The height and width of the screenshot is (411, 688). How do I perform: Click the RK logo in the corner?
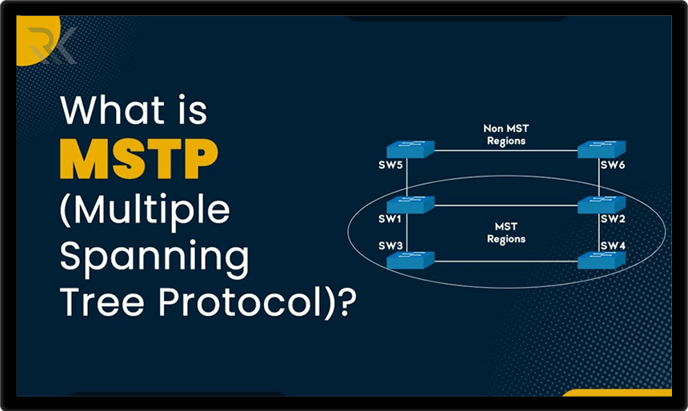[x=50, y=45]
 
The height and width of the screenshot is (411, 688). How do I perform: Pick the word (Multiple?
[x=145, y=209]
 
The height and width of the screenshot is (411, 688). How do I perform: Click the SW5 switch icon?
[x=410, y=150]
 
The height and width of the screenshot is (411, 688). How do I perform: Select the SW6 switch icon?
[x=602, y=150]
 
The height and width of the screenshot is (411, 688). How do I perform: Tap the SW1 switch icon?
[x=410, y=205]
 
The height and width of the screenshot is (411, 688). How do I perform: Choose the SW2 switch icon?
[x=602, y=205]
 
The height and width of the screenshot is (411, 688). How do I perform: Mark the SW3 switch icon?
[x=410, y=260]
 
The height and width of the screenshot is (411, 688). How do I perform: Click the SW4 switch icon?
[x=602, y=260]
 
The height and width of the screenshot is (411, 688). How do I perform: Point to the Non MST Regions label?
[x=505, y=134]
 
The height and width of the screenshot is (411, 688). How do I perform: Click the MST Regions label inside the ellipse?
[x=505, y=233]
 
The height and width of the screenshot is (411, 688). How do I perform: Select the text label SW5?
[x=390, y=166]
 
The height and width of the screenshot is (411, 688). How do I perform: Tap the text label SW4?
[x=614, y=245]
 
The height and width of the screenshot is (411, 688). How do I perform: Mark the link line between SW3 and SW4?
[x=506, y=261]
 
